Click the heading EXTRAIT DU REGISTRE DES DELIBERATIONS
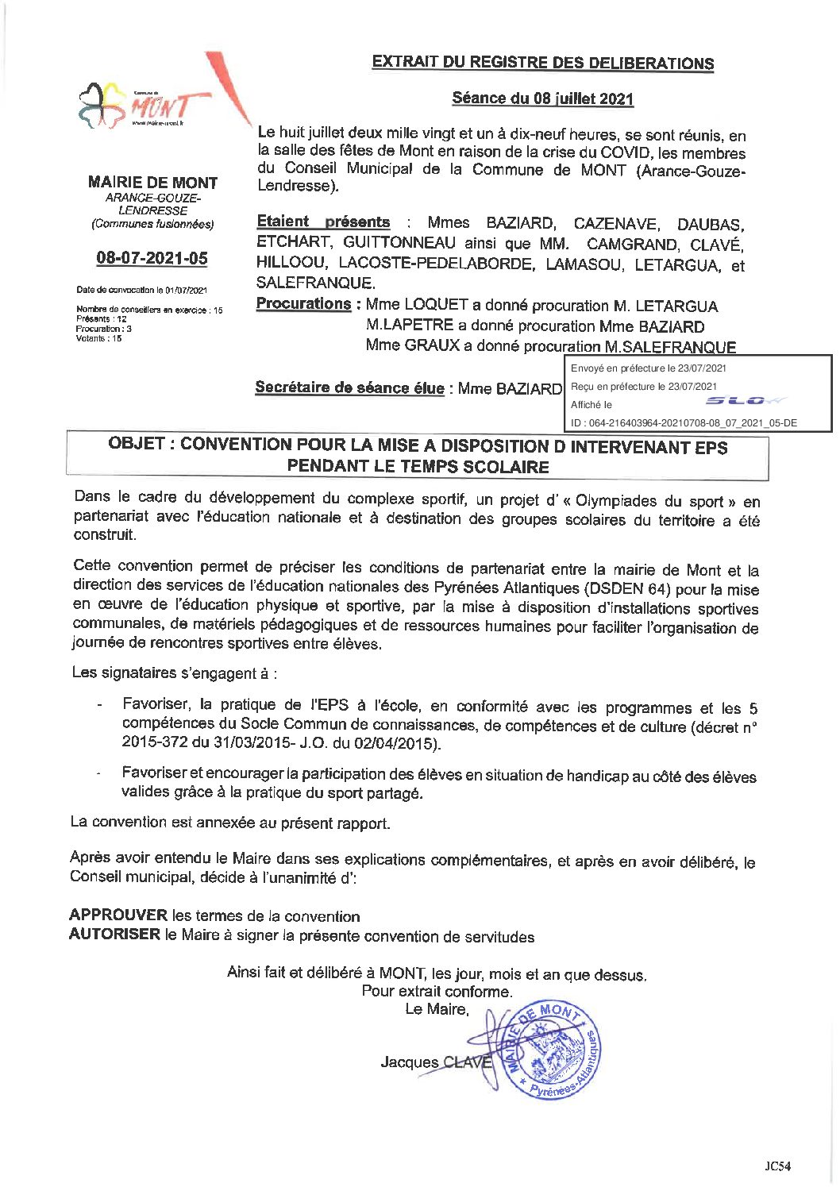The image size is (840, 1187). click(x=543, y=63)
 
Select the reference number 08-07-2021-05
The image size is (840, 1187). click(x=152, y=258)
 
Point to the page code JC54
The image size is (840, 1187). click(x=777, y=1166)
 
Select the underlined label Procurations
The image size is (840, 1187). click(x=303, y=304)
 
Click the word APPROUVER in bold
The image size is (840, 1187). click(x=118, y=915)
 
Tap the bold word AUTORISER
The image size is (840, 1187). click(x=114, y=935)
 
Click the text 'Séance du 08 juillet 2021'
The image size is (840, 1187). click(x=543, y=98)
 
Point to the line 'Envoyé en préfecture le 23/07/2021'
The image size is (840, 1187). click(x=648, y=368)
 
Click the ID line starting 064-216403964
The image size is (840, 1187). click(x=684, y=423)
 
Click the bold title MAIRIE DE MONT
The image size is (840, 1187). click(x=152, y=183)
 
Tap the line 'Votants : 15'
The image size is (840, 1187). click(x=99, y=338)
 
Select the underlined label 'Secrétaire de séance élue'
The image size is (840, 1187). click(x=349, y=387)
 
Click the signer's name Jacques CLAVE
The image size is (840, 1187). click(x=436, y=1062)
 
